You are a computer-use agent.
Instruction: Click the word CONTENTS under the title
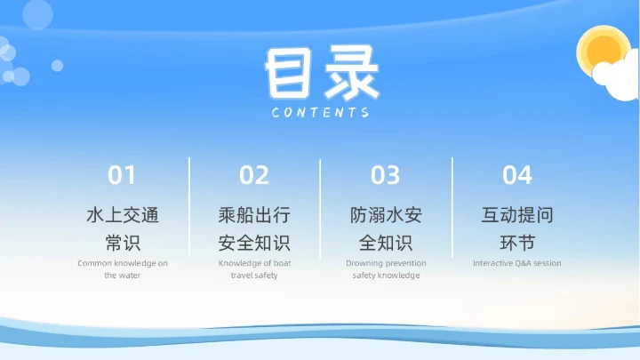[x=321, y=113]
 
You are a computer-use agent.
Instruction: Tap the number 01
[x=123, y=175]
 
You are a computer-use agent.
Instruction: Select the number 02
[x=254, y=175]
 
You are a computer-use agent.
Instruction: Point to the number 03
[x=386, y=175]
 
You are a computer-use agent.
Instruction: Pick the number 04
[x=517, y=175]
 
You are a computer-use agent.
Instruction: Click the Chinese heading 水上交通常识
[x=123, y=228]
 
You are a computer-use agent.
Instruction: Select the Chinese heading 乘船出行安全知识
[x=254, y=228]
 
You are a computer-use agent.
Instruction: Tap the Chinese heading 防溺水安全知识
[x=386, y=228]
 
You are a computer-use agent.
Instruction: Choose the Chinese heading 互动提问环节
[x=517, y=228]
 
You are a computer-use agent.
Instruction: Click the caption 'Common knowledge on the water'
[x=123, y=269]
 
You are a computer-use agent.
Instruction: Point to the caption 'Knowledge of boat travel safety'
[x=254, y=269]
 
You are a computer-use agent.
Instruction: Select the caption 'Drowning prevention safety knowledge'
[x=386, y=269]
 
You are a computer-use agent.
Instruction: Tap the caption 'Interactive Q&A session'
[x=517, y=263]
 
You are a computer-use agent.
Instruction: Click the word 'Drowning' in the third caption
[x=364, y=263]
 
